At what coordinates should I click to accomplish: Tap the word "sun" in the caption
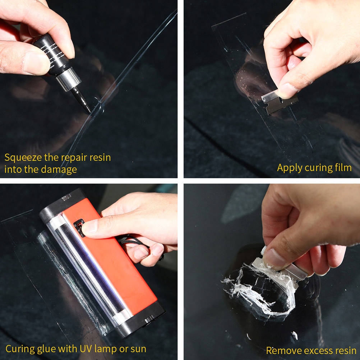138,349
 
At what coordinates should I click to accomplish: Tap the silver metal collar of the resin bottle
68,79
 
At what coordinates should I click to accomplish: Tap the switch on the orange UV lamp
79,228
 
